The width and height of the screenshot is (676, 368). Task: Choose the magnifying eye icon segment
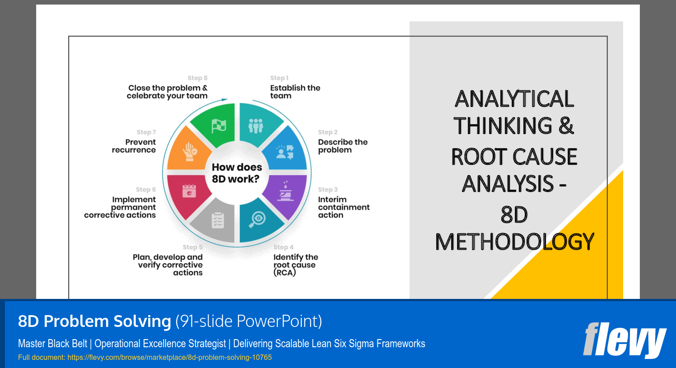(257, 220)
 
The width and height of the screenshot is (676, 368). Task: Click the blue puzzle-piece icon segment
(285, 151)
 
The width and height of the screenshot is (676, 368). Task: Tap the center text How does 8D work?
(237, 173)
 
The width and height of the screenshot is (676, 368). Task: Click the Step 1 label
(279, 78)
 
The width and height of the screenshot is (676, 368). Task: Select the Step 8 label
(197, 78)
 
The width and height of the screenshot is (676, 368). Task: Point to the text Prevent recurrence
(134, 146)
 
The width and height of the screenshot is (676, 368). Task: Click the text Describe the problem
(342, 146)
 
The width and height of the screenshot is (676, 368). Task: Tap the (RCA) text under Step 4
(284, 273)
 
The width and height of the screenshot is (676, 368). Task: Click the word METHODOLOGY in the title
(514, 242)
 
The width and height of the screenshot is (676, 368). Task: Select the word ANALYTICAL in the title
(514, 99)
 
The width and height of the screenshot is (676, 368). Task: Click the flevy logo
(624, 340)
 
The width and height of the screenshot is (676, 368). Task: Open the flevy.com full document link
(169, 358)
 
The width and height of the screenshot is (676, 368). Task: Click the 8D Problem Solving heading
(94, 321)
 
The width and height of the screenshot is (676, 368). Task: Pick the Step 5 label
(192, 247)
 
